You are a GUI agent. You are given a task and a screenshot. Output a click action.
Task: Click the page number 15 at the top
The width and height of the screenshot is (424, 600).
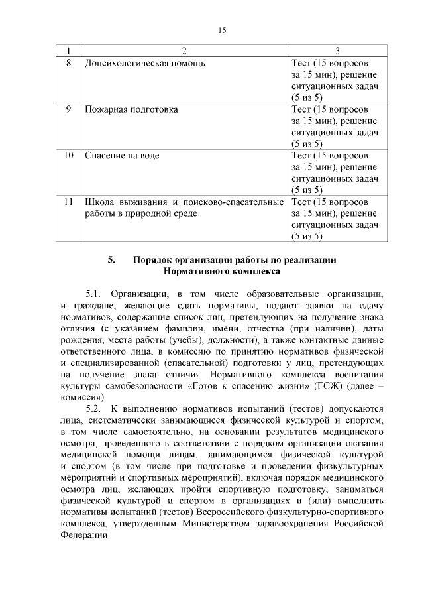(x=223, y=30)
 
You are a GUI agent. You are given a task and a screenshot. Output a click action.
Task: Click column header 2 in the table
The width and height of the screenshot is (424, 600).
(x=184, y=51)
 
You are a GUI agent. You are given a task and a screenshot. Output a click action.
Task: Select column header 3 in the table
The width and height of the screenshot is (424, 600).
(x=337, y=51)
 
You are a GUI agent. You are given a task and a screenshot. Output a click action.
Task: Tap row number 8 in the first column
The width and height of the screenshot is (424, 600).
(x=68, y=63)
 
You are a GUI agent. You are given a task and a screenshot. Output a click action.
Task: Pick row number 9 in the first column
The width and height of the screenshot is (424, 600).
(x=68, y=109)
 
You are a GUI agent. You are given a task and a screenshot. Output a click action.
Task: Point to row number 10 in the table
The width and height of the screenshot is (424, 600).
(x=68, y=155)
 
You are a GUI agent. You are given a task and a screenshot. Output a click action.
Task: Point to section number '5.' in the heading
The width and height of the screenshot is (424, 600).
(x=112, y=260)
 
